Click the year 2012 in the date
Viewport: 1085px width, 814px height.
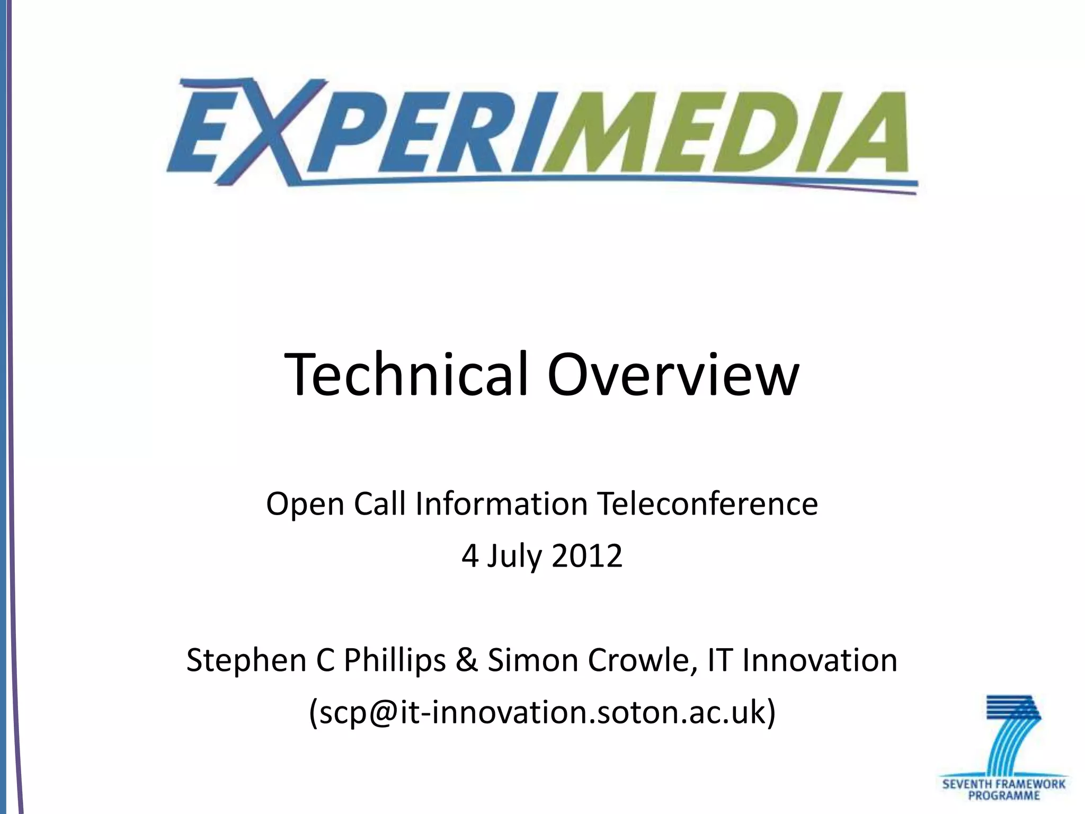[x=586, y=556]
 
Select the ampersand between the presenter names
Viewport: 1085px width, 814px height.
[x=466, y=661]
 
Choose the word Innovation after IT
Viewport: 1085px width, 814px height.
[x=820, y=661]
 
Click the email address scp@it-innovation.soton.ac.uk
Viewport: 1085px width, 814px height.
[x=542, y=712]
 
